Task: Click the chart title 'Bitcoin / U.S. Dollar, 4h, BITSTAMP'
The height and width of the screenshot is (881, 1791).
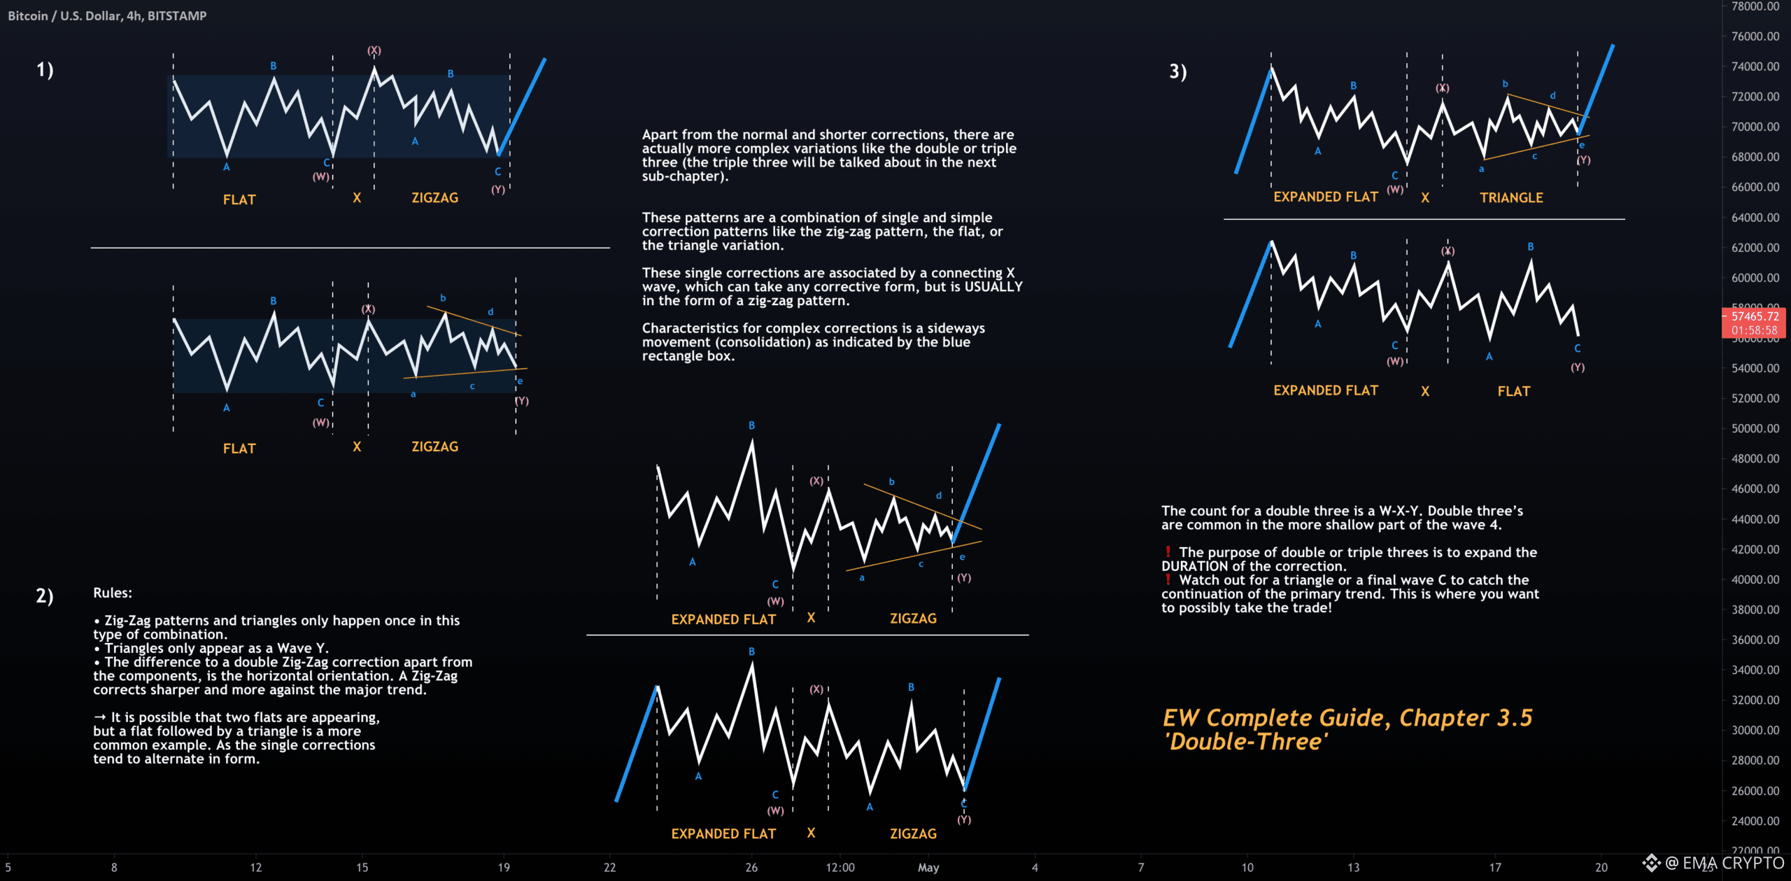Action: [x=107, y=15]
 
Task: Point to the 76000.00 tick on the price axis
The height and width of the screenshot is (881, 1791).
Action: [x=1755, y=36]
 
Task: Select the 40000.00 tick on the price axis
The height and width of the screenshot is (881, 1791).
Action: [x=1755, y=579]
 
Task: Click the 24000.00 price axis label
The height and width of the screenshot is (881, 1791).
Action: [x=1755, y=821]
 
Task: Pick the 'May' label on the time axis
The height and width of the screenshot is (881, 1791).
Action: [x=928, y=868]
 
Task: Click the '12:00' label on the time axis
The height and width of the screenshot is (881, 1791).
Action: [x=840, y=868]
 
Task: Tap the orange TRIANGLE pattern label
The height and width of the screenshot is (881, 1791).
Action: [x=1511, y=198]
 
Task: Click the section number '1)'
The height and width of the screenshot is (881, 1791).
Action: [x=45, y=70]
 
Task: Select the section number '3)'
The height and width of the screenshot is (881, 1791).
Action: [x=1178, y=71]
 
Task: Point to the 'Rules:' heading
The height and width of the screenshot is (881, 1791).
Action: [x=113, y=593]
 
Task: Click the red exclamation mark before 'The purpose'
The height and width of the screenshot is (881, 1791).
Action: [x=1168, y=552]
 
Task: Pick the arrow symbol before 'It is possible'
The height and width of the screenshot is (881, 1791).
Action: [x=100, y=717]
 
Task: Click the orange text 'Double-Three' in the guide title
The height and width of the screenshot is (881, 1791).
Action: [x=1246, y=742]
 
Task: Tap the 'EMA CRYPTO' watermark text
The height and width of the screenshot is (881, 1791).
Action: [x=1733, y=864]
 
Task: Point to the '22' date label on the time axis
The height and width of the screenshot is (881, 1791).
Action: [x=610, y=868]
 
